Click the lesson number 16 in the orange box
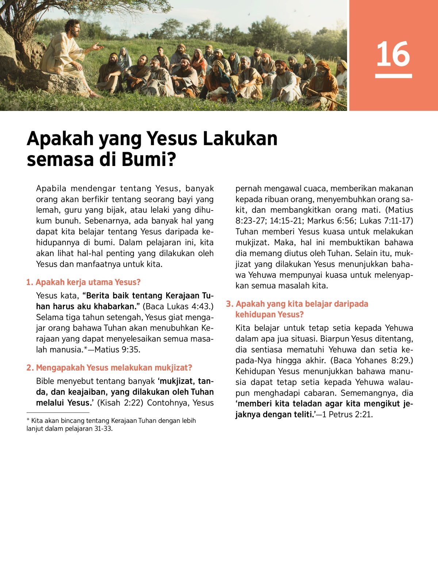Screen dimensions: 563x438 click(x=393, y=54)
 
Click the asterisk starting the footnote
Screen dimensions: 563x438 click(x=28, y=420)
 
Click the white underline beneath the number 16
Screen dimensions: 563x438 click(x=393, y=76)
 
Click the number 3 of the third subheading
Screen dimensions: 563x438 click(x=229, y=304)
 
